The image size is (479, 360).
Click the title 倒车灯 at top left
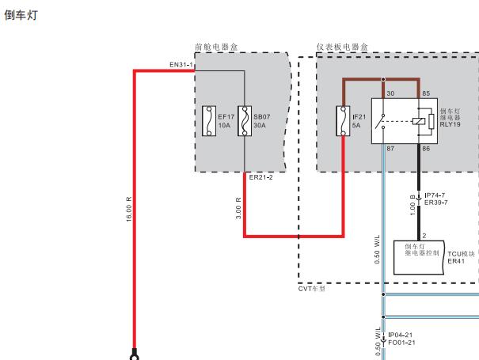click(21, 15)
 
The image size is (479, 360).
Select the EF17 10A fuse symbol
click(209, 121)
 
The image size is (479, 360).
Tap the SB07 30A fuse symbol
click(245, 121)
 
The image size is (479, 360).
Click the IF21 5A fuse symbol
click(343, 121)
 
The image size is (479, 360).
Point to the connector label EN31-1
click(181, 65)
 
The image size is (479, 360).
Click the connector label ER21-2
click(261, 177)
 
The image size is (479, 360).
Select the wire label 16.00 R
click(129, 209)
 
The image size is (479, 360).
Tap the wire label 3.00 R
click(238, 208)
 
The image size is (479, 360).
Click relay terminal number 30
click(390, 93)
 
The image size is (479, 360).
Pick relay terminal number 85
click(426, 93)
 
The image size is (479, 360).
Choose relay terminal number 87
click(390, 149)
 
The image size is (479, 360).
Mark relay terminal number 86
click(426, 149)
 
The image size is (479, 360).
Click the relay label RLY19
click(450, 124)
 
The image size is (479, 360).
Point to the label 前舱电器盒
click(216, 47)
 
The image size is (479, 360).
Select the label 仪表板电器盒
click(342, 47)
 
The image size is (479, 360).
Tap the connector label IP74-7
click(435, 195)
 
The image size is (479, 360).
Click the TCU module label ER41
click(456, 261)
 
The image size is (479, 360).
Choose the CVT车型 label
click(312, 289)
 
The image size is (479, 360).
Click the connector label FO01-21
click(401, 343)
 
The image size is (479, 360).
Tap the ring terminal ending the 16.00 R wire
click(135, 357)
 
